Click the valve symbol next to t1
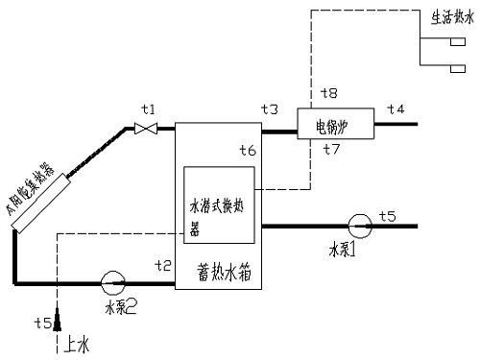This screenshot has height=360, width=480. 143,128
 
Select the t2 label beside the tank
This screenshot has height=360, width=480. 162,265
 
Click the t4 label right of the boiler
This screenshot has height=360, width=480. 396,110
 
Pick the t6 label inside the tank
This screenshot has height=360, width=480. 248,150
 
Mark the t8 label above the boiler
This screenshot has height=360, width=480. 328,94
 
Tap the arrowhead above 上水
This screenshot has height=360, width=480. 58,318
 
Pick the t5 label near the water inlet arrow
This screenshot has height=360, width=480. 41,321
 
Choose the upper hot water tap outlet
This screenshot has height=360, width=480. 456,44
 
